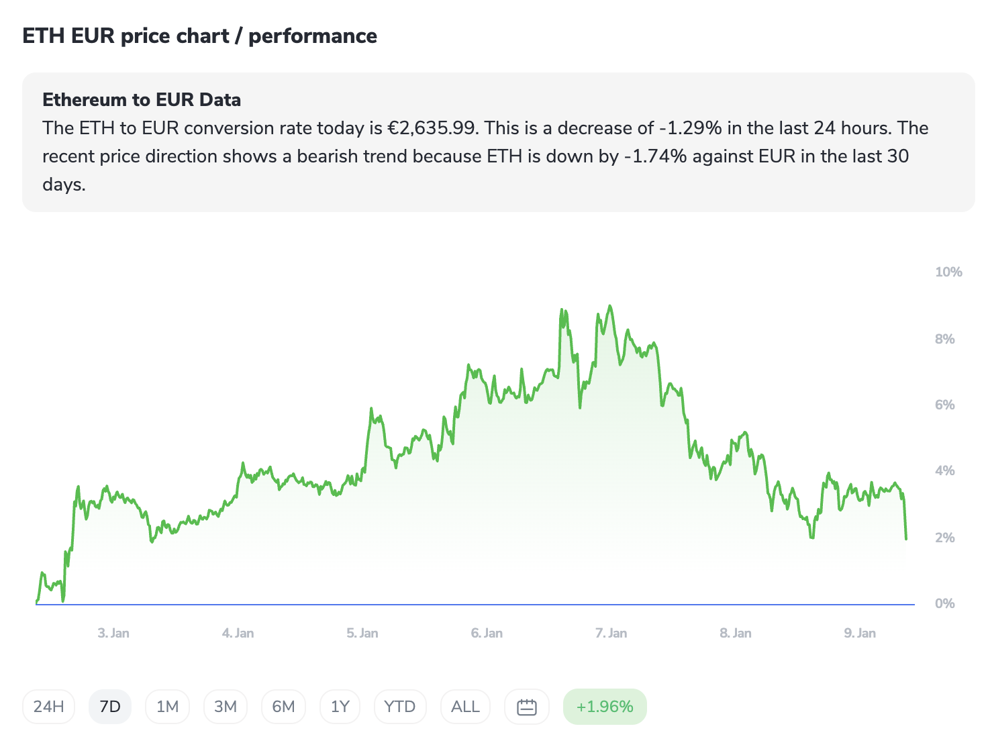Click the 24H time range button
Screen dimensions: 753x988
pyautogui.click(x=48, y=707)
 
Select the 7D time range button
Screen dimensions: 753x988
pyautogui.click(x=109, y=707)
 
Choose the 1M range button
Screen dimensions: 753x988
pyautogui.click(x=167, y=707)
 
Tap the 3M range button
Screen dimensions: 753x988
pyautogui.click(x=226, y=707)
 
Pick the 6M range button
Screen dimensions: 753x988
pyautogui.click(x=283, y=707)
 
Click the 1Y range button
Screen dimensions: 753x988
pyautogui.click(x=340, y=707)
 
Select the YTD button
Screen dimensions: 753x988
pyautogui.click(x=399, y=707)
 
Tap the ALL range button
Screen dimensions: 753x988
pyautogui.click(x=465, y=707)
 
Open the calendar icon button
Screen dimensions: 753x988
pyautogui.click(x=527, y=707)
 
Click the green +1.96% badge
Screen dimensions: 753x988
pyautogui.click(x=605, y=707)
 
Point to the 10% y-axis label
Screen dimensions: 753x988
pyautogui.click(x=948, y=272)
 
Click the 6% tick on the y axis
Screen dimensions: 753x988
pyautogui.click(x=944, y=405)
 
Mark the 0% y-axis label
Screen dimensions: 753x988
pyautogui.click(x=944, y=603)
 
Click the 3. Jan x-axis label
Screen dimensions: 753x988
pyautogui.click(x=113, y=633)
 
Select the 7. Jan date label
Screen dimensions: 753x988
pyautogui.click(x=611, y=633)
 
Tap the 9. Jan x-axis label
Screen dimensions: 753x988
pyautogui.click(x=860, y=633)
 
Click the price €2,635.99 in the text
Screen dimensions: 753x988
pyautogui.click(x=432, y=128)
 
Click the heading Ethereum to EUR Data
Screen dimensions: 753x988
pyautogui.click(x=142, y=100)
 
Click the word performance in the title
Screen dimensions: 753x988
pyautogui.click(x=313, y=36)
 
